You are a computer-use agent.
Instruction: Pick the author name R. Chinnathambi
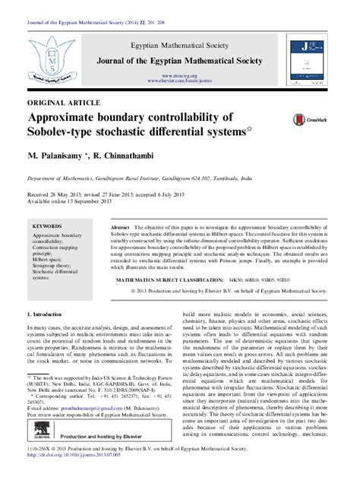(129, 155)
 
